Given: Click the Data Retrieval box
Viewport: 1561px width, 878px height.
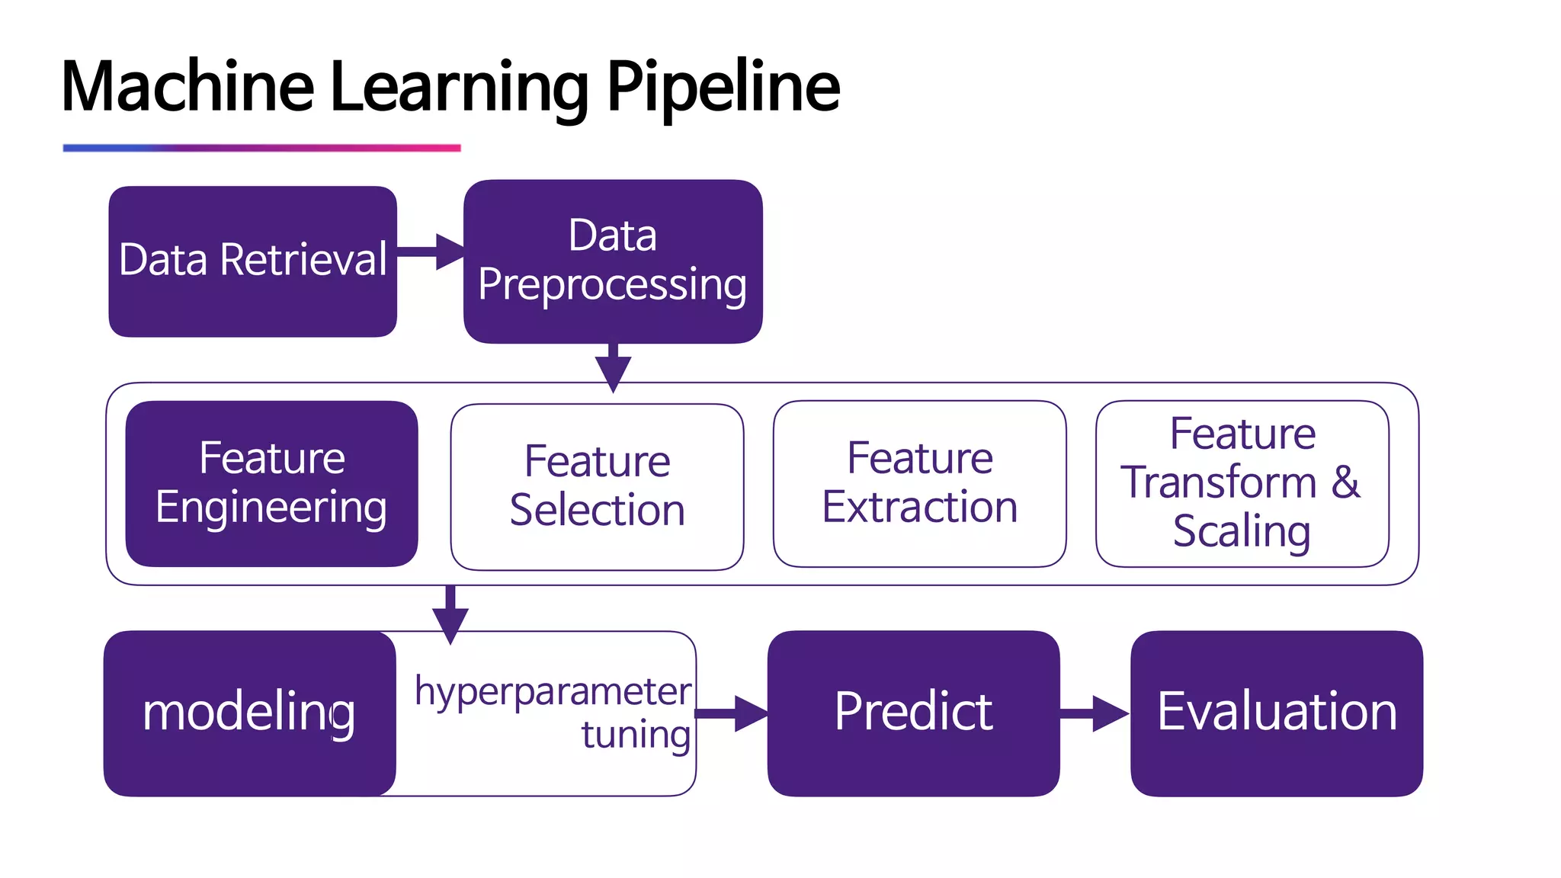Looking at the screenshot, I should click(x=252, y=261).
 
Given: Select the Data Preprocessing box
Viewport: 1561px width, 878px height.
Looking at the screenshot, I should click(x=613, y=261).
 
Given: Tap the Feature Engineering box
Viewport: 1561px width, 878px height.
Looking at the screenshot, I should click(x=271, y=483).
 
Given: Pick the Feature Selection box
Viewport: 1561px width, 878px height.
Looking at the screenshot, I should click(x=597, y=486).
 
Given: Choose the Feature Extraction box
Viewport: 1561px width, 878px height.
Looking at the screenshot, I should click(x=919, y=483).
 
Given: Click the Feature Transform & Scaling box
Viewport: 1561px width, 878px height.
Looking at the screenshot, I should click(x=1242, y=483).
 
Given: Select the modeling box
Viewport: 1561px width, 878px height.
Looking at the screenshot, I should click(x=249, y=713).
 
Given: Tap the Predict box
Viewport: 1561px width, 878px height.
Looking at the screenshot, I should click(x=913, y=713).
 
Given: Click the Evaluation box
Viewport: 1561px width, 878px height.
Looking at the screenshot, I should click(x=1277, y=713).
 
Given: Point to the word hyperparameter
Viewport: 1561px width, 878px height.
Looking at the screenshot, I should click(x=553, y=692).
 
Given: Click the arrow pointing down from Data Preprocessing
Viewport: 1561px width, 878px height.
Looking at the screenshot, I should click(x=613, y=368).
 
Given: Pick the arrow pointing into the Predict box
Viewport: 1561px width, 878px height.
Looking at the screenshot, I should click(x=732, y=713).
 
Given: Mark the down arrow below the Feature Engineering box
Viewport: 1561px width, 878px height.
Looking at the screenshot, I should click(x=450, y=614).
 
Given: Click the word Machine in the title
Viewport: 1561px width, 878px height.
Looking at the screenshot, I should click(x=188, y=87).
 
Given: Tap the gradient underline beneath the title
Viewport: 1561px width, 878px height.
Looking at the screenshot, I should click(x=261, y=148).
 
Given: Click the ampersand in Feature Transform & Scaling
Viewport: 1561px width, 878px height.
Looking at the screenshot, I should click(x=1346, y=482).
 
